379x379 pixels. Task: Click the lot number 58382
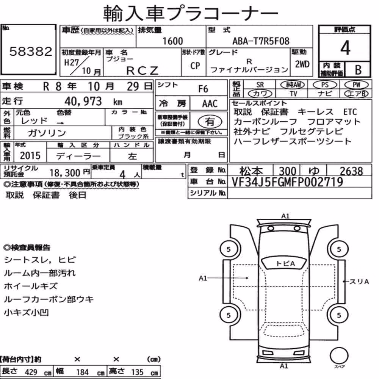coord(31,51)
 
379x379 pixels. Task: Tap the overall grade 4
coord(345,48)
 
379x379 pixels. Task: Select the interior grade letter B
coord(358,70)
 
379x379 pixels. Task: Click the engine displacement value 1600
coord(172,41)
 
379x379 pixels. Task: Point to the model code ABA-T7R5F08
coord(261,41)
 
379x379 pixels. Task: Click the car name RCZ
coord(142,70)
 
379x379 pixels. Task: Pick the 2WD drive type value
coord(302,64)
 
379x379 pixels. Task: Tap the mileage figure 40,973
coord(83,101)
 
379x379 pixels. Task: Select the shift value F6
coord(203,89)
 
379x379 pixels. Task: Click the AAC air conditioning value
coord(210,104)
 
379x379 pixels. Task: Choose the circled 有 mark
coord(210,121)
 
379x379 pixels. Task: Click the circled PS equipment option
coord(325,85)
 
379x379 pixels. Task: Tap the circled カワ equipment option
coord(260,94)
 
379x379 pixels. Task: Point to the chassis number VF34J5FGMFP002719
coord(287,182)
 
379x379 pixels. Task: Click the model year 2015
coord(30,155)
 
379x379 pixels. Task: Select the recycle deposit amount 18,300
coord(65,173)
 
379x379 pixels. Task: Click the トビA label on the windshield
coord(285,263)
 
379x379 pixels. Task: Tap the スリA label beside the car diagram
coord(359,282)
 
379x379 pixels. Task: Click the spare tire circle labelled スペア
coord(339,356)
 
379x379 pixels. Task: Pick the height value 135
coord(137,372)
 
